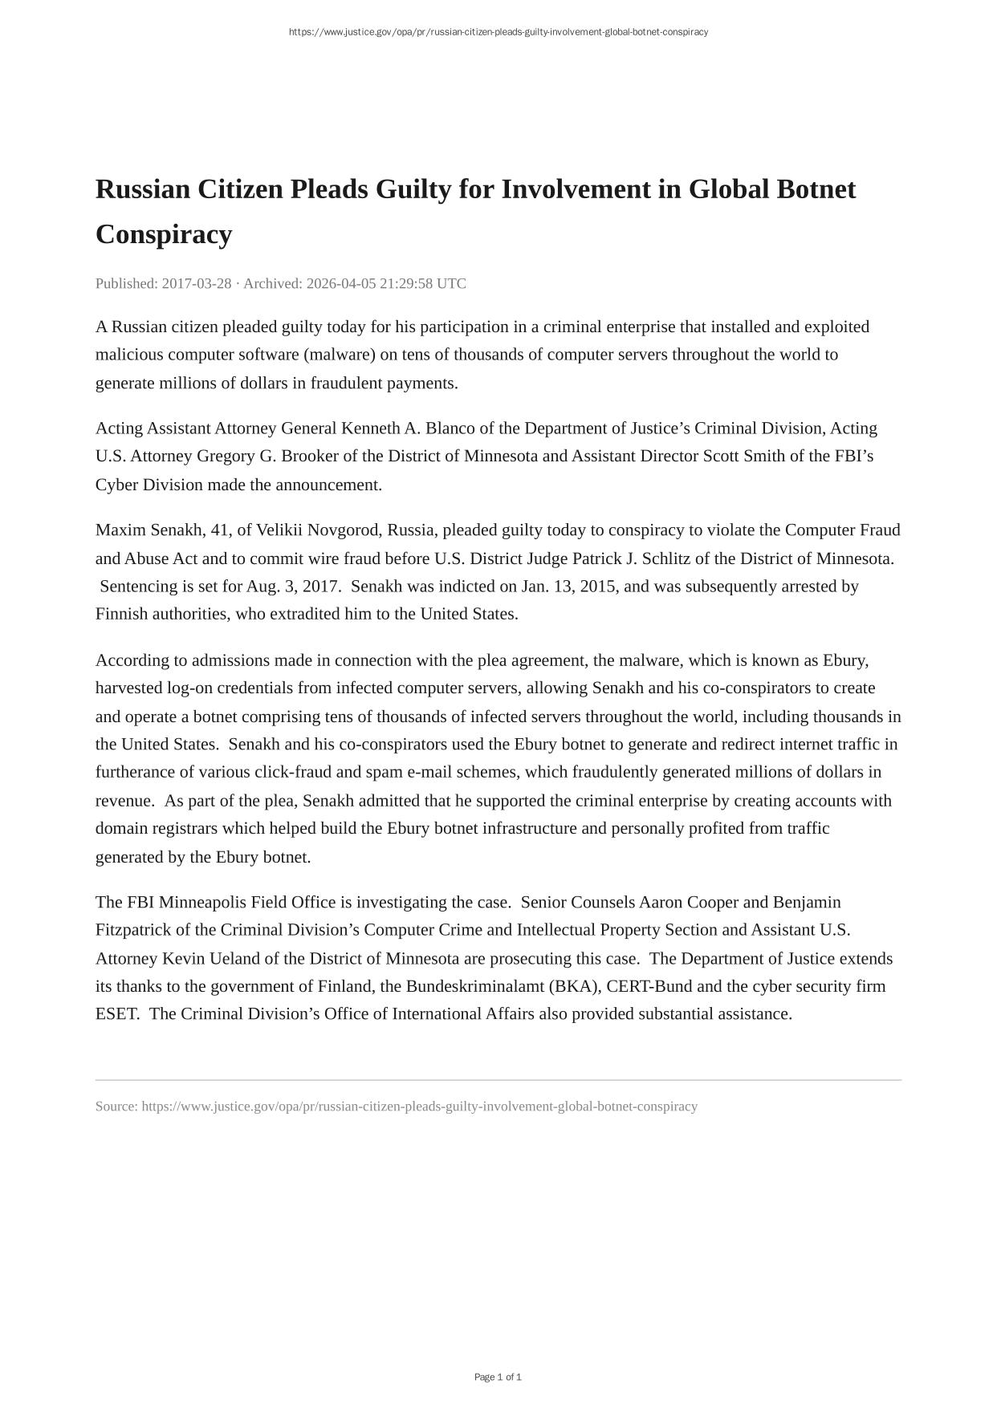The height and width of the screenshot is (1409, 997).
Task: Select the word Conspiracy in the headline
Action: coord(164,235)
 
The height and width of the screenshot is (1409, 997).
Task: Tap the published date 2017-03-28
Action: coord(197,283)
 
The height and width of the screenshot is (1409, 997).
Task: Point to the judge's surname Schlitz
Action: coord(669,558)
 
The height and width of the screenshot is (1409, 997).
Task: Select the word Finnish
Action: coord(121,615)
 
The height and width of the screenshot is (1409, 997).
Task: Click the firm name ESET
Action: coord(116,1014)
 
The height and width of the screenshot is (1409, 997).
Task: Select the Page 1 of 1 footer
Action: coord(498,1378)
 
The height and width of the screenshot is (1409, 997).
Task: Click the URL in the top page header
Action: coord(498,32)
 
